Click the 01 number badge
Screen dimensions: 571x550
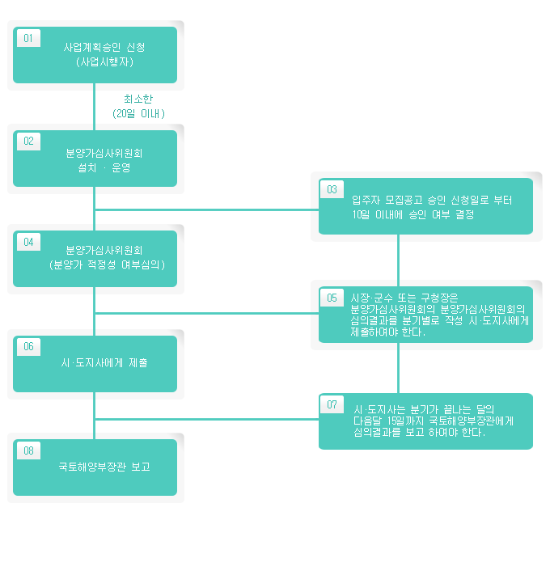pos(28,38)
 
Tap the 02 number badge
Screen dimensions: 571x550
pos(28,142)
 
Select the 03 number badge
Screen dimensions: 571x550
pos(332,190)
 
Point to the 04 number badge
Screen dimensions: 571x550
pos(28,242)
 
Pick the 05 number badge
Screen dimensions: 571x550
pos(332,298)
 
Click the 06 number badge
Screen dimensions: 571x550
pos(28,346)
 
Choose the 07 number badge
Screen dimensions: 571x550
pos(332,404)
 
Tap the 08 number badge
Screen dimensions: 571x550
pos(28,450)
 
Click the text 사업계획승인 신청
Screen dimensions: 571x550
pos(104,47)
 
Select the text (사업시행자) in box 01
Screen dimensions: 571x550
pos(104,61)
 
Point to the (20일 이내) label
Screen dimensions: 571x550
pos(138,113)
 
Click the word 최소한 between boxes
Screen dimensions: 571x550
pos(138,99)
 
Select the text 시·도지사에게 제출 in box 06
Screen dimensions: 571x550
pos(104,363)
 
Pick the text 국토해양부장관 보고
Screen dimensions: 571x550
pos(104,467)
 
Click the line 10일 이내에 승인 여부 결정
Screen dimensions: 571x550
pos(412,215)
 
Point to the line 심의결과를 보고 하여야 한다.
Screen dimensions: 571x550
pos(418,433)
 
